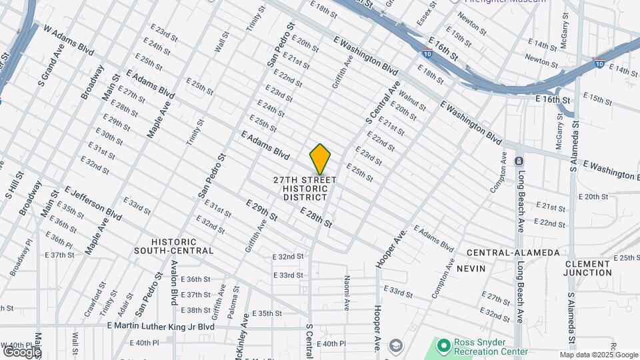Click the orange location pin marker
[x=320, y=159]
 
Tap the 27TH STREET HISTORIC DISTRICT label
[x=305, y=189]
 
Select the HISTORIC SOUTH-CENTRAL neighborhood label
[x=173, y=247]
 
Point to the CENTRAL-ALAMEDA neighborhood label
[x=513, y=253]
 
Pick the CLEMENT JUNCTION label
[x=588, y=268]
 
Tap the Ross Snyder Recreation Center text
[x=491, y=347]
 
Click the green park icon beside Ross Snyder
[x=443, y=345]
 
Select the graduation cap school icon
[x=396, y=345]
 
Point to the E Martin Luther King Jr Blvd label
[x=161, y=327]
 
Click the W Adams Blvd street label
[x=69, y=39]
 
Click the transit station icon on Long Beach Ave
[x=519, y=161]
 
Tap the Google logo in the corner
[x=21, y=351]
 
